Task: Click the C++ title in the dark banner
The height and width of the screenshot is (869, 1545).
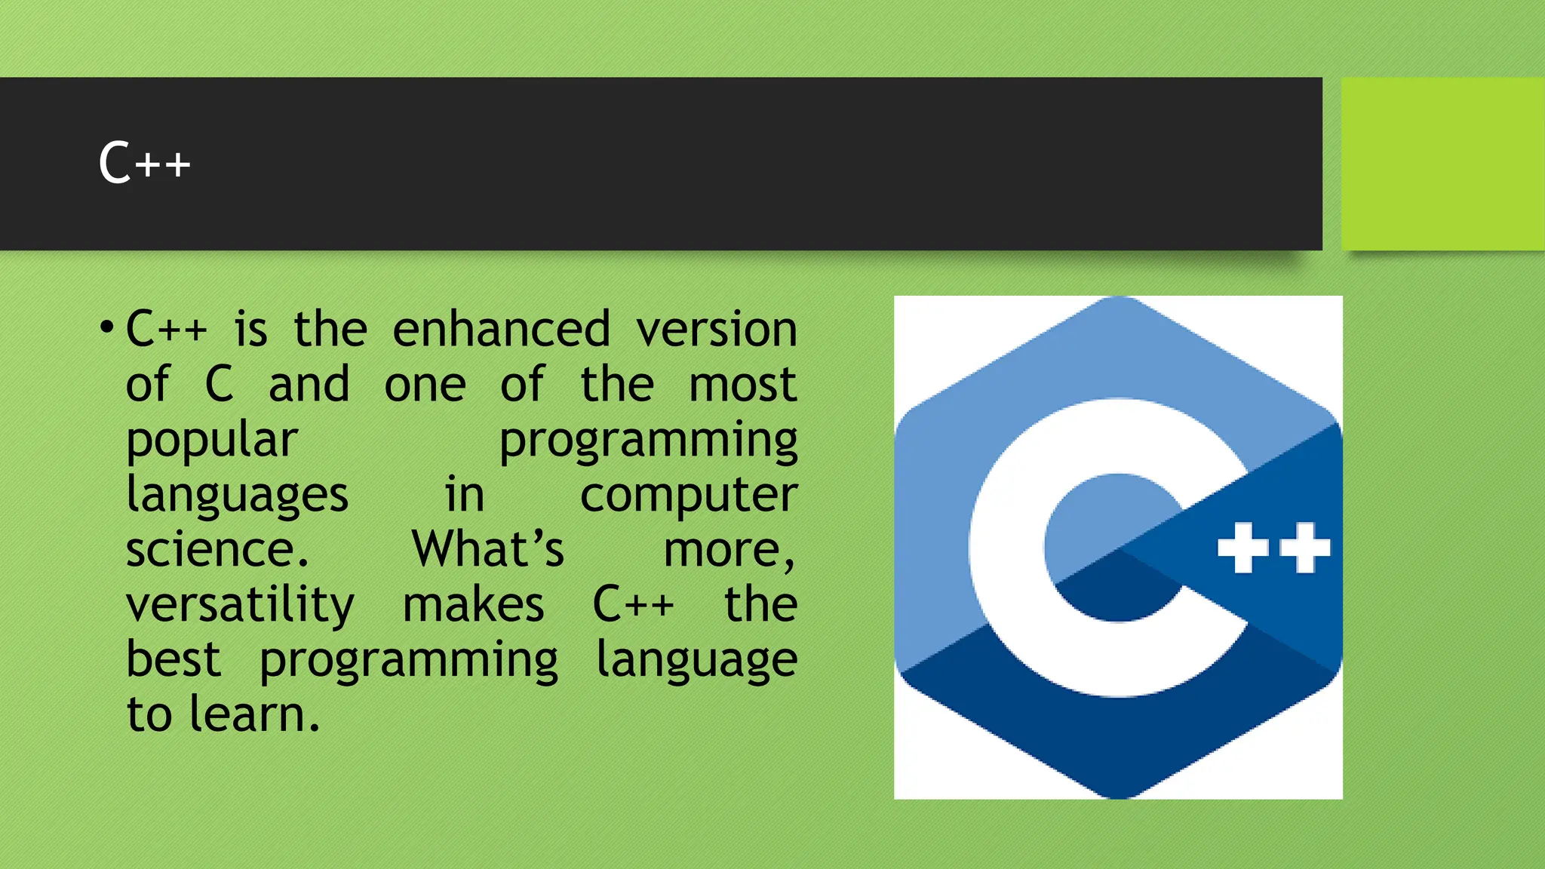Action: tap(144, 163)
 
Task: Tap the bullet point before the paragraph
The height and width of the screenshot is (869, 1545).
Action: tap(106, 328)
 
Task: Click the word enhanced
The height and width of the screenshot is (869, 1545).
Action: tap(501, 330)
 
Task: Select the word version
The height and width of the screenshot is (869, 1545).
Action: tap(716, 330)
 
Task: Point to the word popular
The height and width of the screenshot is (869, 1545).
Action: tap(212, 440)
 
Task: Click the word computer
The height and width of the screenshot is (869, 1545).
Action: tap(688, 495)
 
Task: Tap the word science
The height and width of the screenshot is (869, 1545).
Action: tap(217, 549)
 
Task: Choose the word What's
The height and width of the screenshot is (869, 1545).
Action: tap(487, 549)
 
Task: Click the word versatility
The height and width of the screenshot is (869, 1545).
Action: tap(240, 605)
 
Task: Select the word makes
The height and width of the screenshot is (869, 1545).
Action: tap(473, 605)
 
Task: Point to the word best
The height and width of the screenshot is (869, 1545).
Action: tap(174, 659)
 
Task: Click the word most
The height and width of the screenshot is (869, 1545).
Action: tap(742, 385)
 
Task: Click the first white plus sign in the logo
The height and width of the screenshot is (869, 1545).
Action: tap(1242, 548)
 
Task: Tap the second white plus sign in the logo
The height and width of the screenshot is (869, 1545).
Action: tap(1304, 548)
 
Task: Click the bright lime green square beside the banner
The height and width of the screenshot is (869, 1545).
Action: tap(1442, 164)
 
